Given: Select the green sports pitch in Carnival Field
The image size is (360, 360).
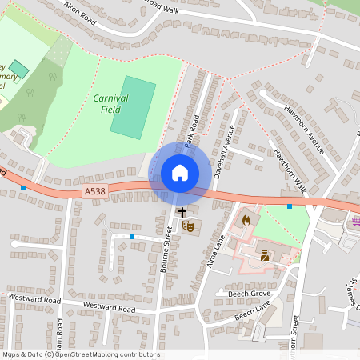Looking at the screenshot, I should (132, 106).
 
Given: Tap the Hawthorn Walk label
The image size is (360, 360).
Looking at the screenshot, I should (290, 168).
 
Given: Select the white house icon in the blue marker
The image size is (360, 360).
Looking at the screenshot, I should (180, 173).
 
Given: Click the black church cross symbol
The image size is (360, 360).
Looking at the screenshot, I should (182, 213).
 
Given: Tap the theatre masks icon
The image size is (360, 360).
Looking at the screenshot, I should (189, 226).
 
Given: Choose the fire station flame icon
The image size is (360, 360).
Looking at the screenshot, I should (246, 219).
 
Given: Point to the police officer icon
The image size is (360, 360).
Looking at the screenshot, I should (265, 256).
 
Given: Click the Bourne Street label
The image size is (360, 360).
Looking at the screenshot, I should (167, 250).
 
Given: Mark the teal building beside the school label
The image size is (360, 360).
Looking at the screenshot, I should (18, 70).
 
